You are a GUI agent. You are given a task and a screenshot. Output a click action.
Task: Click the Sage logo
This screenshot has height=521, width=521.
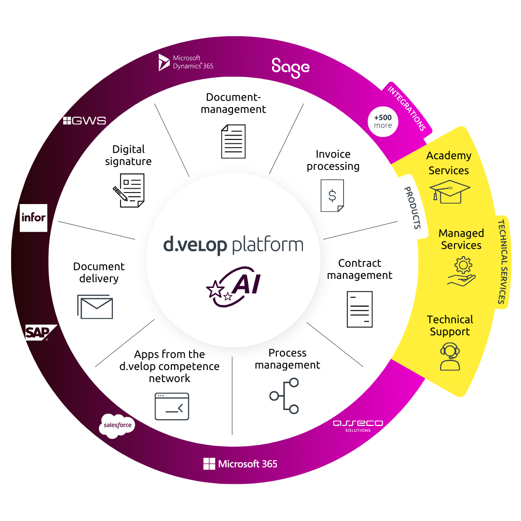pos(290,68)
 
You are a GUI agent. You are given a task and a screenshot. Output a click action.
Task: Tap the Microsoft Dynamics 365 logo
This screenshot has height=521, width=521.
pos(186,62)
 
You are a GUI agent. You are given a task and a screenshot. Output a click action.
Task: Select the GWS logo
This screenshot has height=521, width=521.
pos(84,121)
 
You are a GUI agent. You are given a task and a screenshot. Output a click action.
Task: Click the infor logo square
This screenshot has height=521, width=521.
pos(33,218)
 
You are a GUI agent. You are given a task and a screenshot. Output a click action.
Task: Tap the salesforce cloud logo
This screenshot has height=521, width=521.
pos(117,425)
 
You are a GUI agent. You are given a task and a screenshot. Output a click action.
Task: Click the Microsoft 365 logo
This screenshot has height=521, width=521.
pos(240,464)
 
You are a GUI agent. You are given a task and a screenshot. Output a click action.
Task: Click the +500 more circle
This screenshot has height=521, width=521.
pos(383,122)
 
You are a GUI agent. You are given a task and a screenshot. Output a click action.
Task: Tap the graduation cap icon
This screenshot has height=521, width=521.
pos(450,192)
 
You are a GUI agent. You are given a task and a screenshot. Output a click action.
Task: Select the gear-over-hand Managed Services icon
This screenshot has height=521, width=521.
pos(462,272)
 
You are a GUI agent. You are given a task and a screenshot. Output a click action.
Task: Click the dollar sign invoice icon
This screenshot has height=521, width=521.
pos(332,195)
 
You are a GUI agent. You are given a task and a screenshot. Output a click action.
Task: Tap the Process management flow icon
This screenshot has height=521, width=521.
pos(285,396)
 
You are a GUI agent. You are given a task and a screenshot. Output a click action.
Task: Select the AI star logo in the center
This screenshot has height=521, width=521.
pos(233,287)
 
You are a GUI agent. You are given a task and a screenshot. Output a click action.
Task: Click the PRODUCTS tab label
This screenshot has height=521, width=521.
pos(413,207)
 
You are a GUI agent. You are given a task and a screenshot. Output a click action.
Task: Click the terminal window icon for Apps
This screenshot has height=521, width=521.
pos(172,406)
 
